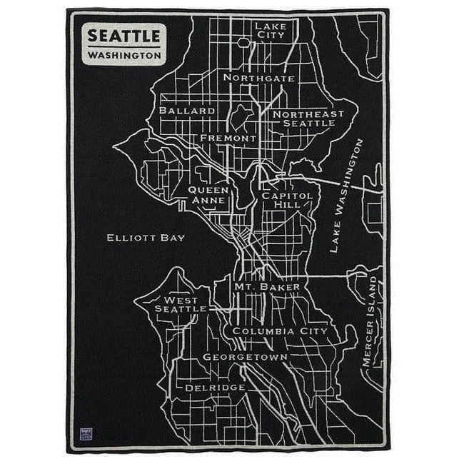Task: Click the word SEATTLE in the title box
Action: coord(124,35)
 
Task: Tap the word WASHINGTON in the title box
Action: coord(124,54)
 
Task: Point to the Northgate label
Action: coord(258,77)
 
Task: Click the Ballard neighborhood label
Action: coord(187,111)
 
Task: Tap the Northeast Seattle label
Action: coord(308,118)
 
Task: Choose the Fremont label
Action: coord(228,138)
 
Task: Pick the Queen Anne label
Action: coord(209,195)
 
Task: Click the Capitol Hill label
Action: coord(286,200)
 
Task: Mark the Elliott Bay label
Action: coord(146,238)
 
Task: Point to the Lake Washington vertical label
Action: coord(346,196)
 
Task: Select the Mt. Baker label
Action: coord(267,286)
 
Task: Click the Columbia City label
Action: coord(279,331)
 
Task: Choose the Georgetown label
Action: coord(245,356)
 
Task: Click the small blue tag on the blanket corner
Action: coord(86,434)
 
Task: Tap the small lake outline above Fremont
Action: coord(241,114)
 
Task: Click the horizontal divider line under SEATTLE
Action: coord(124,46)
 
